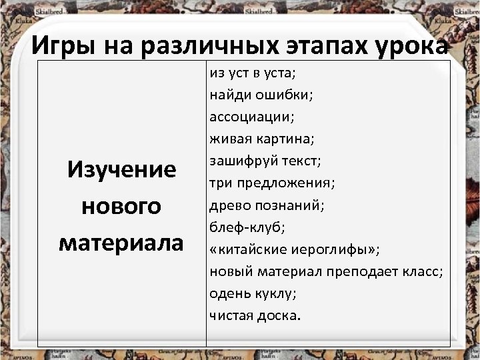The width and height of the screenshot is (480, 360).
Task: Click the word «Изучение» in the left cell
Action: tap(121, 169)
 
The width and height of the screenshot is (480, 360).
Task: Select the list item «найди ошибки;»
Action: tap(261, 95)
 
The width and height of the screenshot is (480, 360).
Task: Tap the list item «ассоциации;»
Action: tap(251, 117)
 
